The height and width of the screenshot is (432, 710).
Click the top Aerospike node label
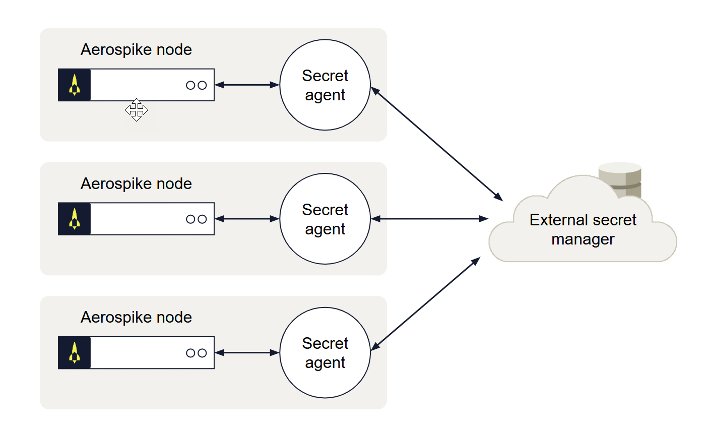click(136, 50)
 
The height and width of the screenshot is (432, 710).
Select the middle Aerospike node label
click(136, 184)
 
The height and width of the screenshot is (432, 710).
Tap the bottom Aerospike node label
click(136, 318)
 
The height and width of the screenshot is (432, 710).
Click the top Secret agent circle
click(325, 85)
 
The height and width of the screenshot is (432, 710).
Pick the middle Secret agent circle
click(325, 219)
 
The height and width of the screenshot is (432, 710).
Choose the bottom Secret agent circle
click(325, 353)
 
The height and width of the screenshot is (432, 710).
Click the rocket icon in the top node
click(75, 85)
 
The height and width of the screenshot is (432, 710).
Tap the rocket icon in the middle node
click(75, 219)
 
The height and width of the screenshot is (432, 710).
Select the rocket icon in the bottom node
click(75, 353)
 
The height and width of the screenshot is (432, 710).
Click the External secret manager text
click(583, 229)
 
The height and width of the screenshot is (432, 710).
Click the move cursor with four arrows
click(137, 110)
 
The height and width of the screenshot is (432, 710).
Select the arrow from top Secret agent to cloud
click(436, 144)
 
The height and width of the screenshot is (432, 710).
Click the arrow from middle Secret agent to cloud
click(429, 219)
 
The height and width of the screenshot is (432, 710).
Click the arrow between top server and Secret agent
click(247, 85)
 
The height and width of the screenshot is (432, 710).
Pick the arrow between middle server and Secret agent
click(247, 219)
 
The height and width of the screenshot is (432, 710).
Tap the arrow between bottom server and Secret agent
click(247, 353)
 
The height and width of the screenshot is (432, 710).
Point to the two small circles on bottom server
click(197, 353)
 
